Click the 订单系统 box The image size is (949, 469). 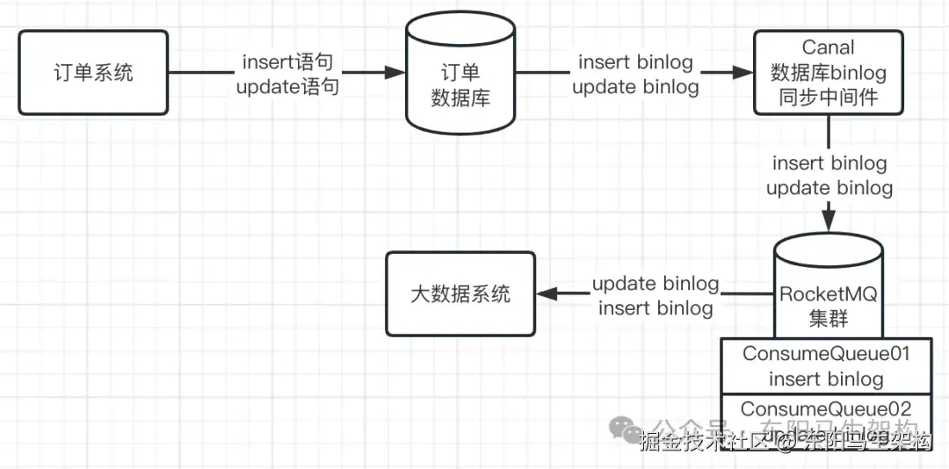tap(93, 72)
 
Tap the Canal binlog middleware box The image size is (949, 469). tap(828, 72)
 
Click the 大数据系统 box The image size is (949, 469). tap(460, 293)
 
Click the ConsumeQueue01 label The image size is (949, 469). tap(826, 354)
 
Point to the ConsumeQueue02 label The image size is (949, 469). tap(826, 409)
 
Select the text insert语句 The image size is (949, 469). tap(288, 63)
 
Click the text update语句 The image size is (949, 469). tap(288, 87)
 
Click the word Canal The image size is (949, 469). tap(828, 47)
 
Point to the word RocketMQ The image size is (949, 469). tap(828, 294)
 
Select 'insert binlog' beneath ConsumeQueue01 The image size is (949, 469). tap(826, 379)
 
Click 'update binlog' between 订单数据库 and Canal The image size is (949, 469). tap(635, 87)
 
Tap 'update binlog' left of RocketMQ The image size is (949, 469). tap(656, 284)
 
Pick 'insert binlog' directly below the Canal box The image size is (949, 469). tap(829, 163)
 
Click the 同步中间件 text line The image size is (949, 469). tap(828, 97)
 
